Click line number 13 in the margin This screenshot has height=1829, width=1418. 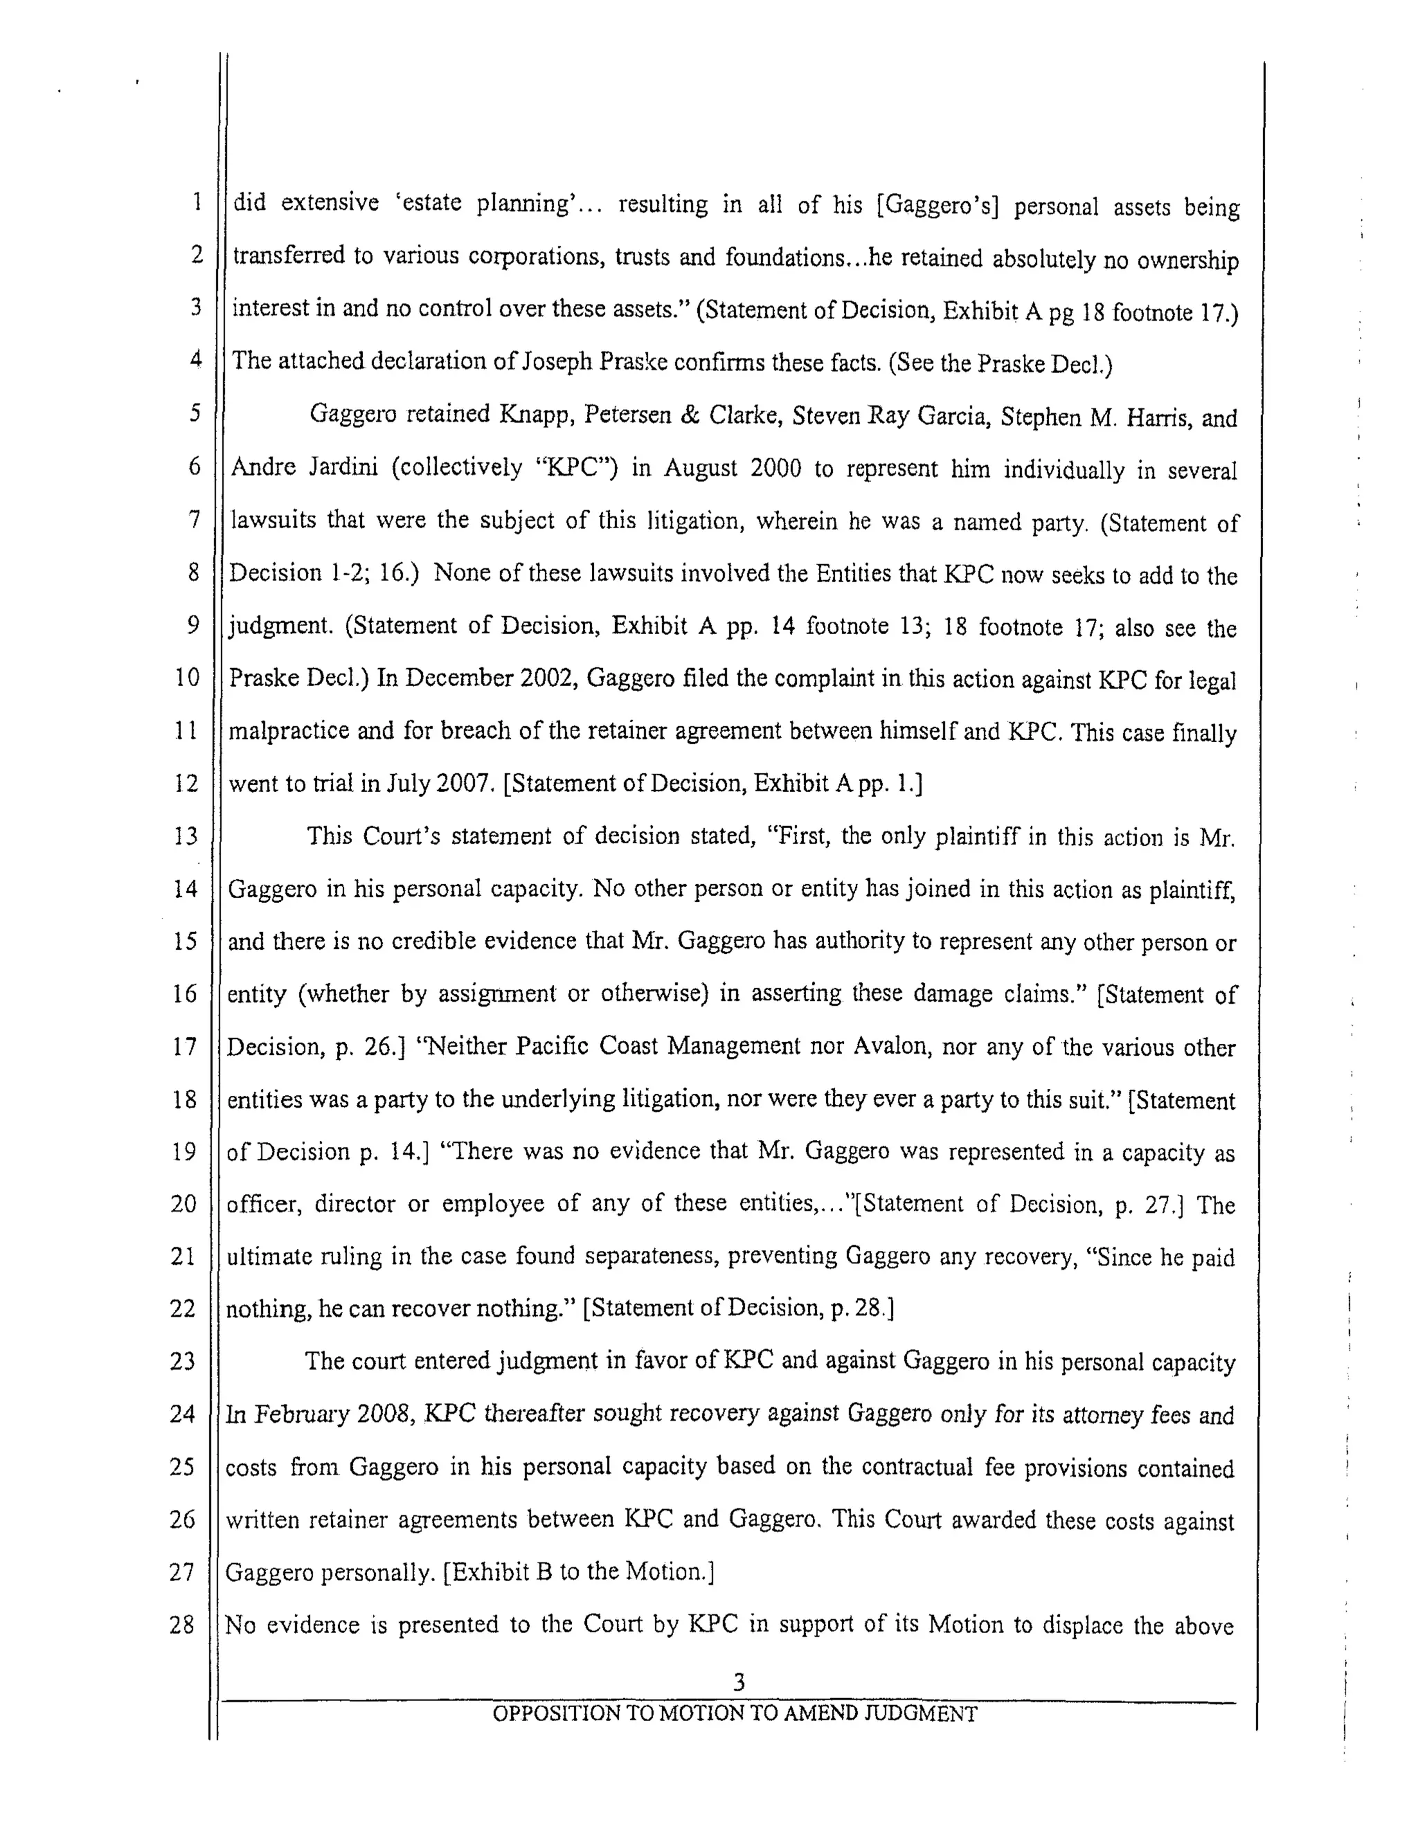(185, 836)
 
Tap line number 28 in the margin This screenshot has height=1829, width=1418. (182, 1625)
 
